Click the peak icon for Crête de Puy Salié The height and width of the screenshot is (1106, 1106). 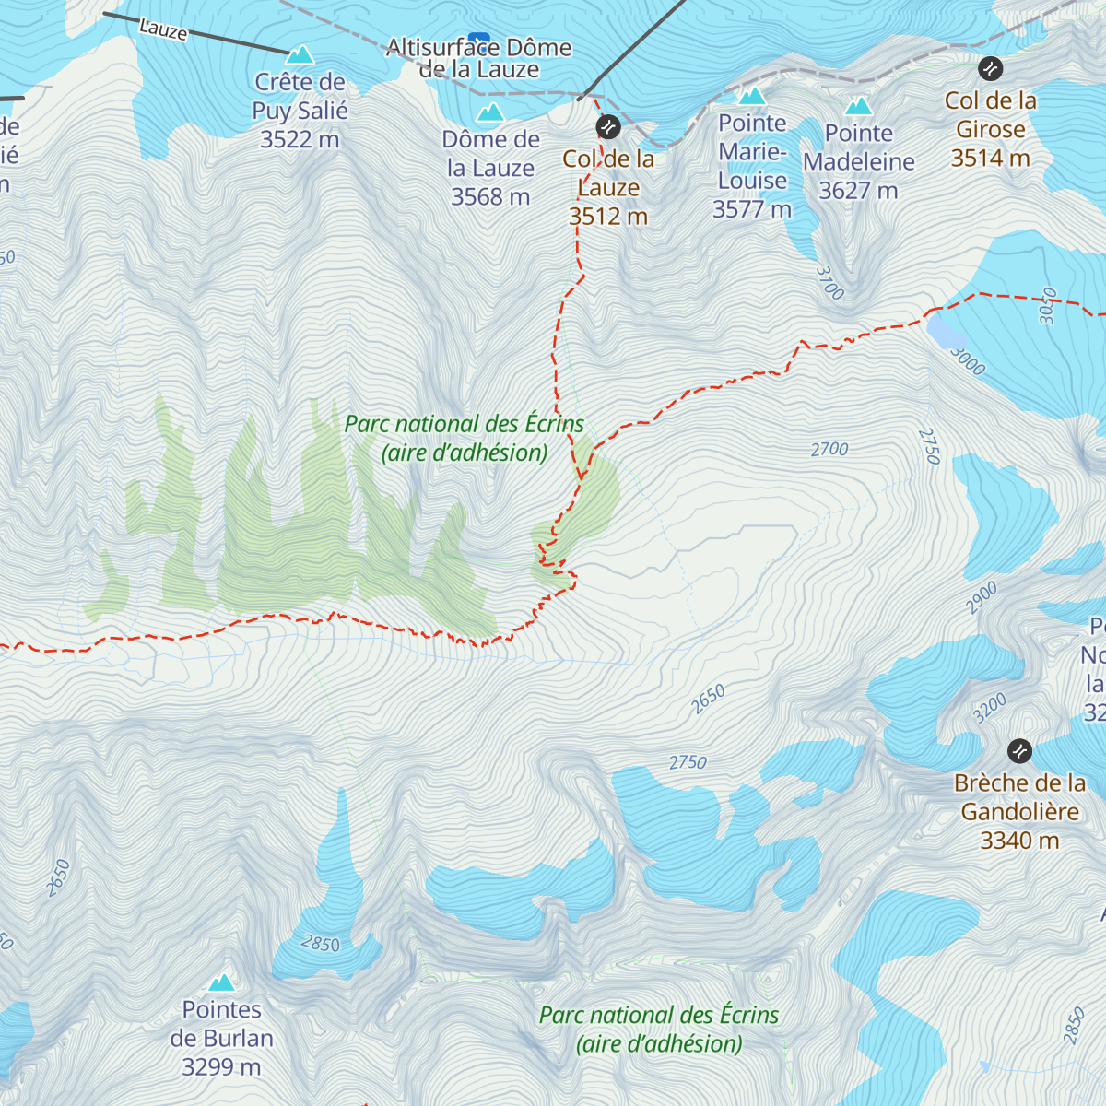click(x=300, y=55)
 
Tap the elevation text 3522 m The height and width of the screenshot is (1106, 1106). click(x=300, y=139)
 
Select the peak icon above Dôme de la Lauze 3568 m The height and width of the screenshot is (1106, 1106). click(x=489, y=113)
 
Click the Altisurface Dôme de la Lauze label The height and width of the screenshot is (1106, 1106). click(x=479, y=58)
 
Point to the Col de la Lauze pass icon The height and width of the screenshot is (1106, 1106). click(x=607, y=125)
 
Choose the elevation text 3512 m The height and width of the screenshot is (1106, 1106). click(x=608, y=217)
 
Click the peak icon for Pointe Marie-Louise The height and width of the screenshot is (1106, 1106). click(x=752, y=96)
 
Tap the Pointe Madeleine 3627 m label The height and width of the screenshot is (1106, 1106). click(x=858, y=162)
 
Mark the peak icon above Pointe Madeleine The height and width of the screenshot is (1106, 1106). click(x=858, y=106)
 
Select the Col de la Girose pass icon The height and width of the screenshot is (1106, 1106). click(x=990, y=68)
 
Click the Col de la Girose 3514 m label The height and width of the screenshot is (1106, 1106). click(x=991, y=129)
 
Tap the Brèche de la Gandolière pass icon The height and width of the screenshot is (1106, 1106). click(x=1018, y=751)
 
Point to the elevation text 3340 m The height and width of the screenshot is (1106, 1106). click(x=1019, y=841)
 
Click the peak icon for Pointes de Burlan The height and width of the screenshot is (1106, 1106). click(x=221, y=982)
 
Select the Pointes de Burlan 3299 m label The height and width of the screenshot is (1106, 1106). click(x=221, y=1038)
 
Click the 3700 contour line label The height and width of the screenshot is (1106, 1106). click(x=829, y=284)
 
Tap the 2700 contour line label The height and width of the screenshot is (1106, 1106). click(x=829, y=450)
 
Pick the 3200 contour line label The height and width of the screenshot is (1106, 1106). click(x=989, y=708)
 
